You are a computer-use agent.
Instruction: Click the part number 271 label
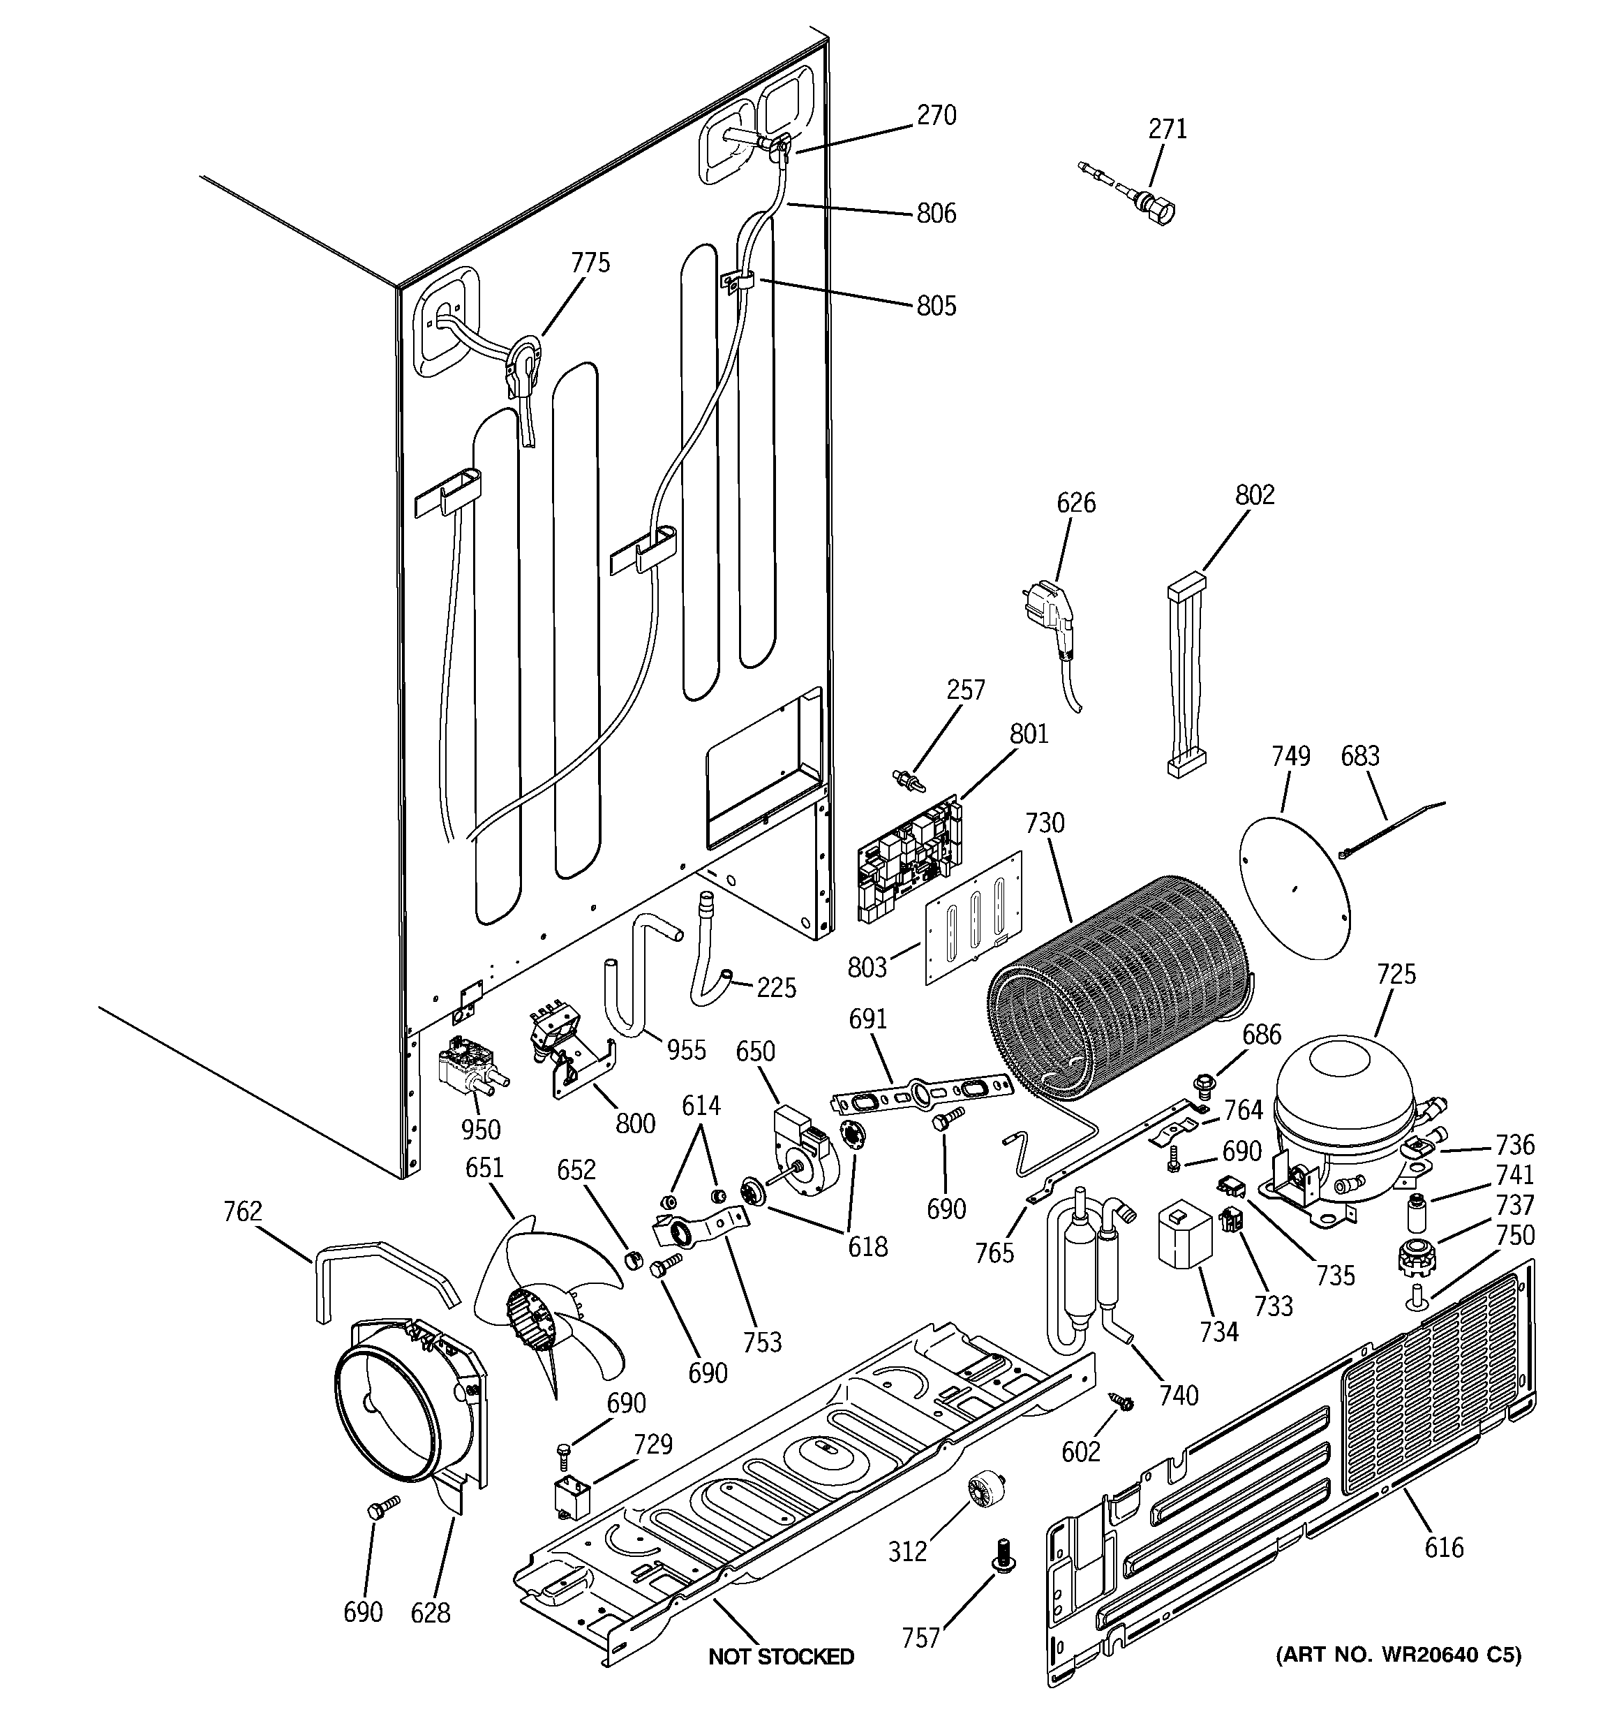pos(1167,128)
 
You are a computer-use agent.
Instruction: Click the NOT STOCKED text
pos(780,1657)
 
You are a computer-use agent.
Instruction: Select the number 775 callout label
pos(590,263)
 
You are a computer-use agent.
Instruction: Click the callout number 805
pos(936,306)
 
